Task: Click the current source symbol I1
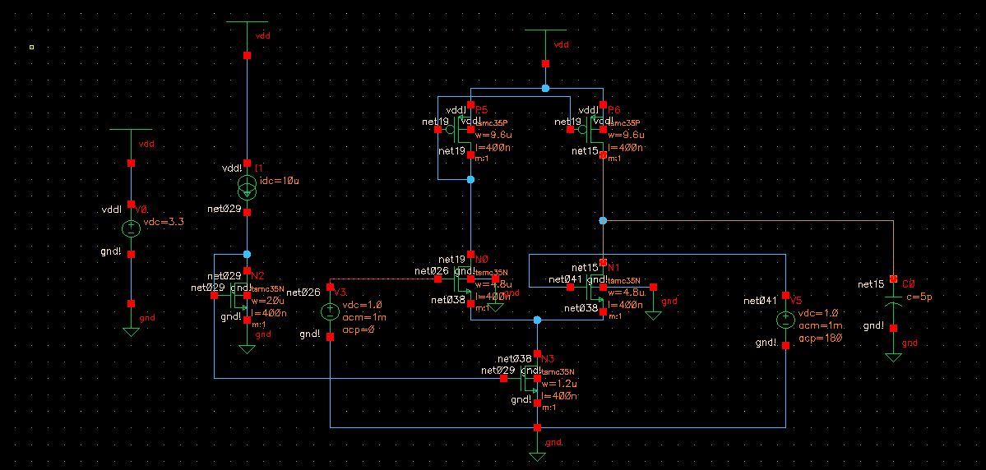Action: [248, 187]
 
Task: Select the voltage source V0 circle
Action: [131, 229]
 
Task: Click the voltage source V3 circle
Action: [330, 311]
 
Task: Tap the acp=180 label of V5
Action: [817, 338]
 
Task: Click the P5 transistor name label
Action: [481, 109]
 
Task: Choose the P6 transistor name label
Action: [614, 109]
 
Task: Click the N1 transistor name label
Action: [614, 268]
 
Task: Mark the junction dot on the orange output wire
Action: [603, 221]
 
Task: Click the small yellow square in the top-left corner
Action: [31, 47]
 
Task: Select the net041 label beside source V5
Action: [760, 301]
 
